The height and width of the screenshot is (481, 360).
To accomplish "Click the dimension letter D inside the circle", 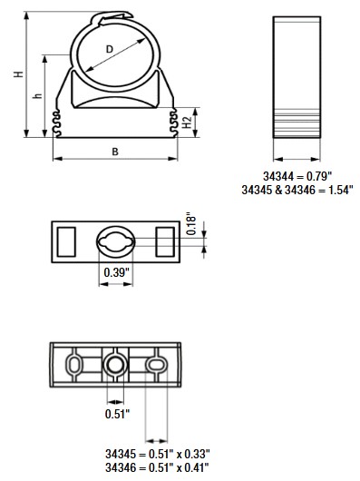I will point(110,49).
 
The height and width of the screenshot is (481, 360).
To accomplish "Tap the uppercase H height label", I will point(17,75).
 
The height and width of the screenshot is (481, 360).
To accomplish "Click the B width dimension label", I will point(115,152).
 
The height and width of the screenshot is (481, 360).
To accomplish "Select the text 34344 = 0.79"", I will point(297,175).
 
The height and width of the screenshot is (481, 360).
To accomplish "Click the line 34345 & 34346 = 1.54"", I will point(297,190).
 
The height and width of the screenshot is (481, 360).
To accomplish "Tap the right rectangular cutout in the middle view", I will point(165,241).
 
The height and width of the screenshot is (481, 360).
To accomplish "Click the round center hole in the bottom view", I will point(115,366).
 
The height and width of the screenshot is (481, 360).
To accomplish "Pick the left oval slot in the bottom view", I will point(75,365).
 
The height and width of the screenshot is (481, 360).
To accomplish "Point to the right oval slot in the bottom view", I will point(156,365).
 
